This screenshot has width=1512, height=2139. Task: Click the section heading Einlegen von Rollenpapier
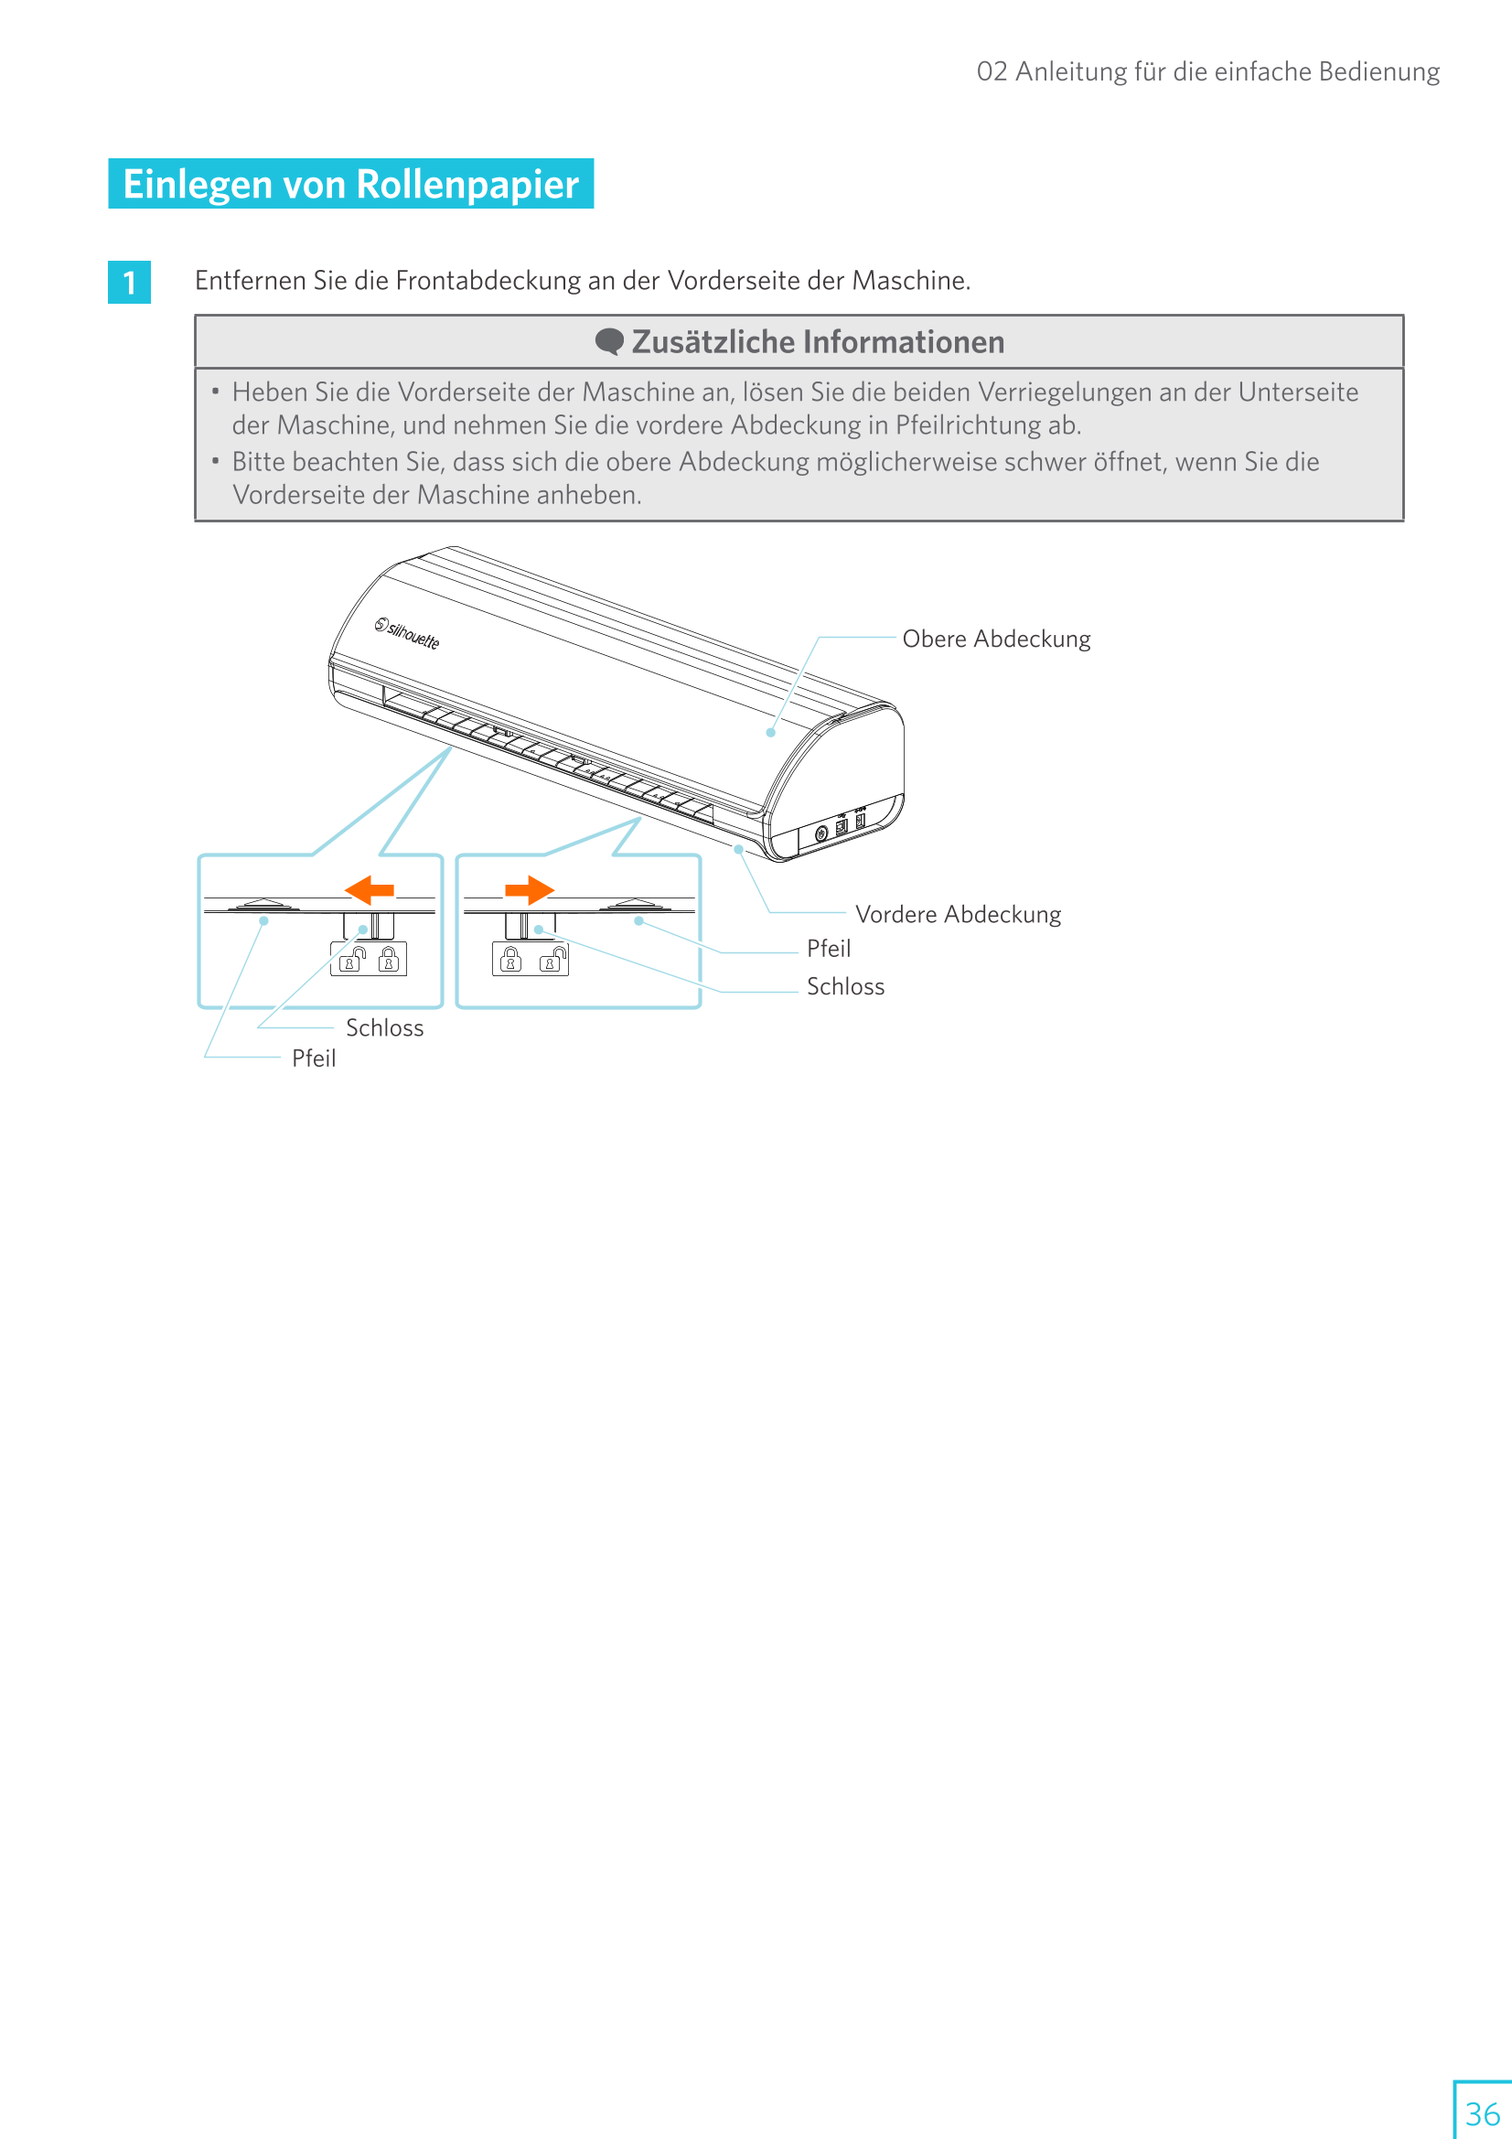point(350,185)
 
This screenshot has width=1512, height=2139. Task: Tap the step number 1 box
point(130,283)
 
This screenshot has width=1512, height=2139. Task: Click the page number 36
point(1482,2112)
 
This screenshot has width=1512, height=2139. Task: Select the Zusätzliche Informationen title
point(817,343)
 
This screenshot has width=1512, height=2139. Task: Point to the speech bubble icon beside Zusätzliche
point(609,342)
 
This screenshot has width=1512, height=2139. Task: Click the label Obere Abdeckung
point(996,640)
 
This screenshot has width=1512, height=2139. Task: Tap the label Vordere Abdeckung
point(958,914)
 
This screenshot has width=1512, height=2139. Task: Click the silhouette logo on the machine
point(407,633)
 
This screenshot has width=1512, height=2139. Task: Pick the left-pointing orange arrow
point(370,889)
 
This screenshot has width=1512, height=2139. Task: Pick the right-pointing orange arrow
point(529,889)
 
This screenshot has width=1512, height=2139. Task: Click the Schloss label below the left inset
point(384,1027)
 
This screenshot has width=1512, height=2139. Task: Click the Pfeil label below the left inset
point(313,1059)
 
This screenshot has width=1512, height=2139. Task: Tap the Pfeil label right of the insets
point(828,949)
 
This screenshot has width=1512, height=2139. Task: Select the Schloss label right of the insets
point(845,986)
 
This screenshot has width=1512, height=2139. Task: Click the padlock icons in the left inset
point(369,959)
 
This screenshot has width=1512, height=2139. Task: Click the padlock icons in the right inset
point(531,959)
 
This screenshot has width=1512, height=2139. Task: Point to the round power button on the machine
point(820,833)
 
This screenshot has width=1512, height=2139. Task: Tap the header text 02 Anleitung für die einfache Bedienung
point(1207,71)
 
